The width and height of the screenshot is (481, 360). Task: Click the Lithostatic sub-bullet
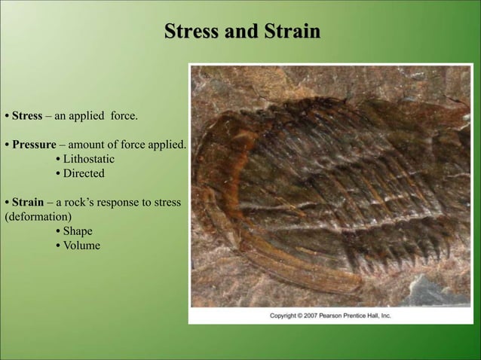pos(88,159)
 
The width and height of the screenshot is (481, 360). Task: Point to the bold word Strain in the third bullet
pos(27,203)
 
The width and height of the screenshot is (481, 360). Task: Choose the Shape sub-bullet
pos(78,231)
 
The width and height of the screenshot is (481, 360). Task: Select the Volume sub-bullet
pos(81,246)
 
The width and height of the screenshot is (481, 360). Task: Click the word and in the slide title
pos(241,32)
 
